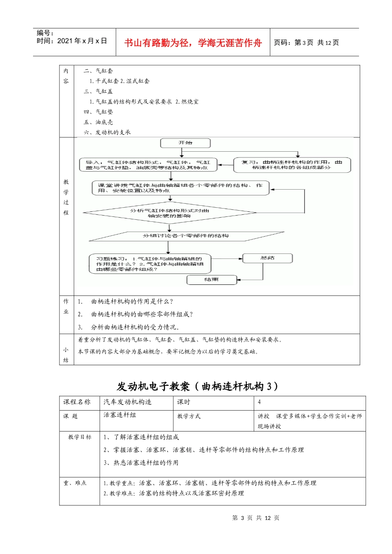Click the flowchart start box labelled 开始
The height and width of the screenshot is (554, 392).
pos(185,143)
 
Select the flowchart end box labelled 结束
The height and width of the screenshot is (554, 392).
pos(212,280)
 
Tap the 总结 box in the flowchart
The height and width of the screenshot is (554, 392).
pos(267,258)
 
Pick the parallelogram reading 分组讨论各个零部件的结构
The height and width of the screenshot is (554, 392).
pos(186,236)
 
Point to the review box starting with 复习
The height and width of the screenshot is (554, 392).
pos(292,165)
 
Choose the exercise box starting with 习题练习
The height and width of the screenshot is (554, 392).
pos(150,264)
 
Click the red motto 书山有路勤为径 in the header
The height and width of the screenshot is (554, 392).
pos(193,43)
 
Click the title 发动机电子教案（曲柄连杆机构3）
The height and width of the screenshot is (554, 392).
pos(197,386)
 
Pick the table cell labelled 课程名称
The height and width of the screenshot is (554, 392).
pos(77,402)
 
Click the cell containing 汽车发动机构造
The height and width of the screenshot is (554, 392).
pos(128,402)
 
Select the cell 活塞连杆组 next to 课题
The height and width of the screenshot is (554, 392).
pos(120,415)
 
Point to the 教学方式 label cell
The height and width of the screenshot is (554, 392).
pos(189,416)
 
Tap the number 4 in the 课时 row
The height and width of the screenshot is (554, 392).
pos(259,402)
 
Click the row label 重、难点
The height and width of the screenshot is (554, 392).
pos(75,483)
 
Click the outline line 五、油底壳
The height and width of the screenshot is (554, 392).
pos(98,122)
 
